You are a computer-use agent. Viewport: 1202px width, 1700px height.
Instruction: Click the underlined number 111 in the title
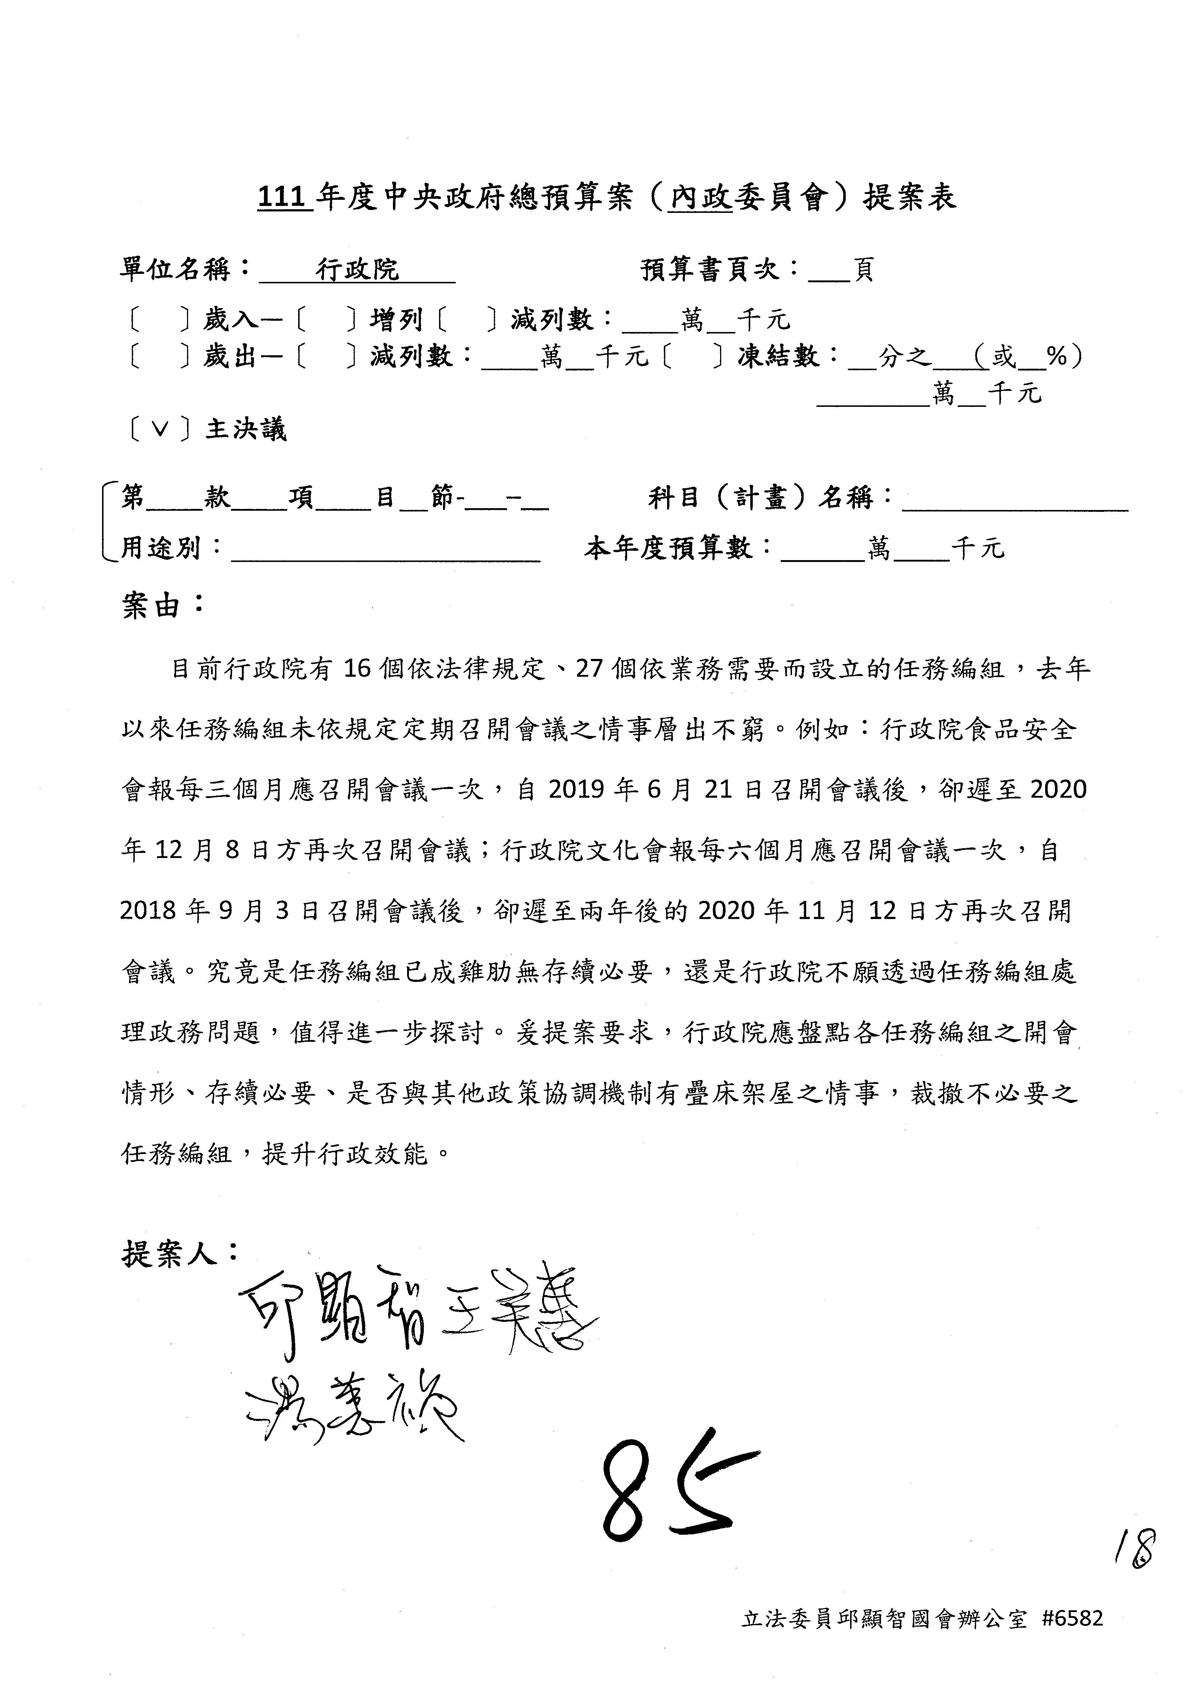click(x=283, y=197)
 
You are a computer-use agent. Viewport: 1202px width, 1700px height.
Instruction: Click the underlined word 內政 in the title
click(x=699, y=197)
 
